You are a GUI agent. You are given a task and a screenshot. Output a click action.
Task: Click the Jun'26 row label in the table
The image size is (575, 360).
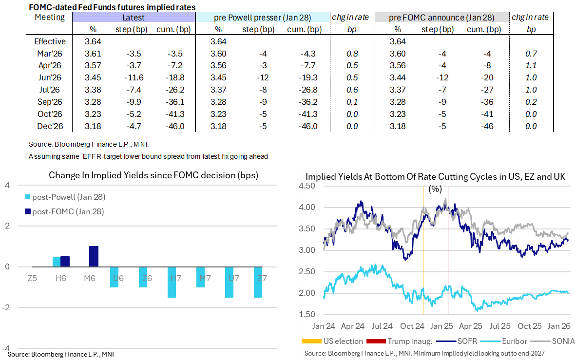pyautogui.click(x=50, y=77)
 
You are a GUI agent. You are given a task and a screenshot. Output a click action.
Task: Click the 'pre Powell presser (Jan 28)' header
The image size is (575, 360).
pyautogui.click(x=263, y=18)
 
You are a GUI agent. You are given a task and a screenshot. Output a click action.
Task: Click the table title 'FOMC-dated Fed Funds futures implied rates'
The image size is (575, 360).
pyautogui.click(x=112, y=7)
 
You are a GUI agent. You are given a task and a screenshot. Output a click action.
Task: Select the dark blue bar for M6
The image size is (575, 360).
pyautogui.click(x=94, y=256)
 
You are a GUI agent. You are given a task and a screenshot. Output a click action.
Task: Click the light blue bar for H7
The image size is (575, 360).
pyautogui.click(x=172, y=282)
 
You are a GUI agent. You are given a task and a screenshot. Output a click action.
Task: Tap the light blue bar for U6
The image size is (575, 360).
pyautogui.click(x=115, y=277)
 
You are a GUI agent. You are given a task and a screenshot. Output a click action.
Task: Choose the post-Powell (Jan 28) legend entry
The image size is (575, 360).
pyautogui.click(x=65, y=197)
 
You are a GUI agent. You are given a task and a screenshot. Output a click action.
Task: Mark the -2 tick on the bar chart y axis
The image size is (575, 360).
pyautogui.click(x=7, y=307)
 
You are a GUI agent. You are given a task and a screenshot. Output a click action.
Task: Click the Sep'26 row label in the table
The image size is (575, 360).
pyautogui.click(x=50, y=102)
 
